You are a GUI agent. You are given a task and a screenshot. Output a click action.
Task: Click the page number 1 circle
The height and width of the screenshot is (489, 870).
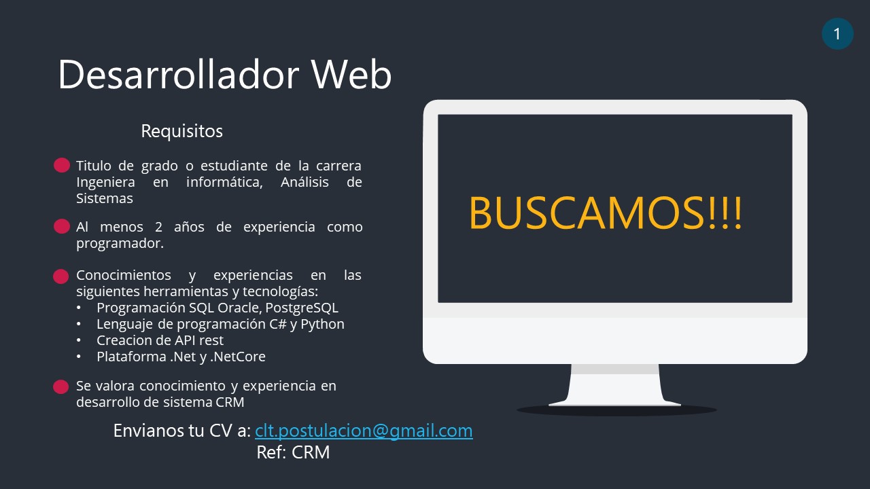[837, 34]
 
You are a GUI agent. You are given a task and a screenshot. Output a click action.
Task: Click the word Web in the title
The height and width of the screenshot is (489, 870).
[351, 75]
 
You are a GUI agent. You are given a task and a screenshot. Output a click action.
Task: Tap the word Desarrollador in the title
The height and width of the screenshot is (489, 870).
[179, 75]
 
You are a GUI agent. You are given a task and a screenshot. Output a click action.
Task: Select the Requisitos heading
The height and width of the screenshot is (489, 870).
[181, 131]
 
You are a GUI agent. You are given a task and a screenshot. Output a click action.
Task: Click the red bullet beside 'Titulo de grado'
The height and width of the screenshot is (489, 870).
[62, 165]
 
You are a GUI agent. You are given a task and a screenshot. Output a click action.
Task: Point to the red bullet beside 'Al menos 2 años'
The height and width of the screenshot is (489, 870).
[62, 226]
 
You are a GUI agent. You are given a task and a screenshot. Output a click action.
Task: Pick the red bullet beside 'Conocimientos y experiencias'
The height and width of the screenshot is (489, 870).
[61, 276]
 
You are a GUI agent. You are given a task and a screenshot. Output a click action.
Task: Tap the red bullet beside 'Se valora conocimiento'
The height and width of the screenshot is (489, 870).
[61, 386]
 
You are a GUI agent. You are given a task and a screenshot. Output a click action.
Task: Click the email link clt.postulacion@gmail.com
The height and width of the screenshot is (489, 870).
[364, 431]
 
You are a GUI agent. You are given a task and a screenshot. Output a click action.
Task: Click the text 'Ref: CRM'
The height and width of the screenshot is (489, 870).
[293, 452]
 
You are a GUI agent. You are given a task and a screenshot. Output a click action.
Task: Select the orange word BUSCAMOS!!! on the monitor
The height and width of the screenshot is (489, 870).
[606, 213]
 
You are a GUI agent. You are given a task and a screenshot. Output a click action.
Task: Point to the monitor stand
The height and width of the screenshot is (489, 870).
[615, 385]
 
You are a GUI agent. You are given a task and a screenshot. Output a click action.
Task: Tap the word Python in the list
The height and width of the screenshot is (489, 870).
[322, 324]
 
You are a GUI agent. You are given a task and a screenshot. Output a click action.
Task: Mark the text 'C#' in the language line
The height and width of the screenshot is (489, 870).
[278, 324]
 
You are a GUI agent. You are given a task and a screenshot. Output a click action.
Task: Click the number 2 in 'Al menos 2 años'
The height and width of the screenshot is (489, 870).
[158, 227]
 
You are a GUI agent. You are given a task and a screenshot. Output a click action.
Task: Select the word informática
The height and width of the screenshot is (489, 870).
[224, 182]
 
